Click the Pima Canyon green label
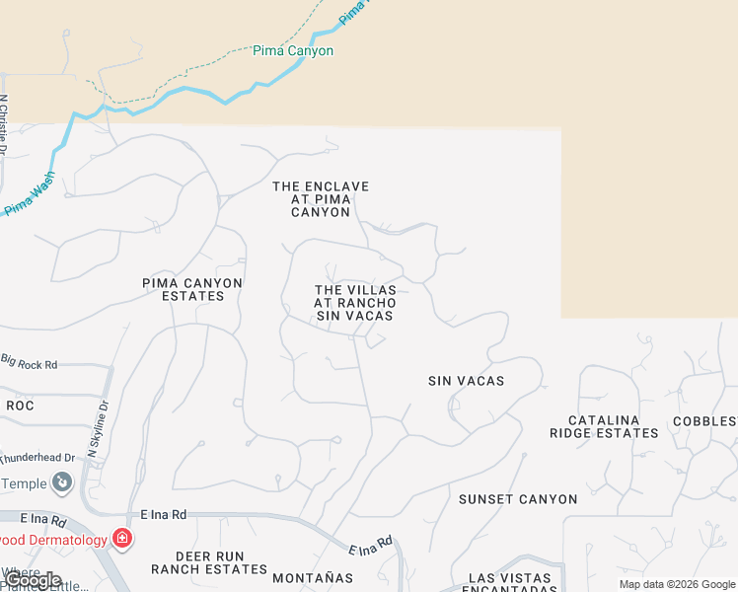(x=293, y=51)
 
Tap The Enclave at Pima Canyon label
(x=321, y=199)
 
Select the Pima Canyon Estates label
(x=192, y=289)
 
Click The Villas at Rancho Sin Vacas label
(x=355, y=303)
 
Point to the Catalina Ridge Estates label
(x=604, y=426)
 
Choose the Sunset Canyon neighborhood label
(x=518, y=499)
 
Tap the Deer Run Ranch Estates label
(x=209, y=562)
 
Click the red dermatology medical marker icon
(x=122, y=539)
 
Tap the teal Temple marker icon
(x=63, y=482)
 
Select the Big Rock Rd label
(x=30, y=363)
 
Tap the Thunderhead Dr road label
(x=37, y=458)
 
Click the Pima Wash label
(x=31, y=194)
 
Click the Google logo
(x=32, y=580)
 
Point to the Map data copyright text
(x=676, y=584)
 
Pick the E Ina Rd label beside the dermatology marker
(x=163, y=514)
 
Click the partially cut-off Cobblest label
(x=704, y=421)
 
